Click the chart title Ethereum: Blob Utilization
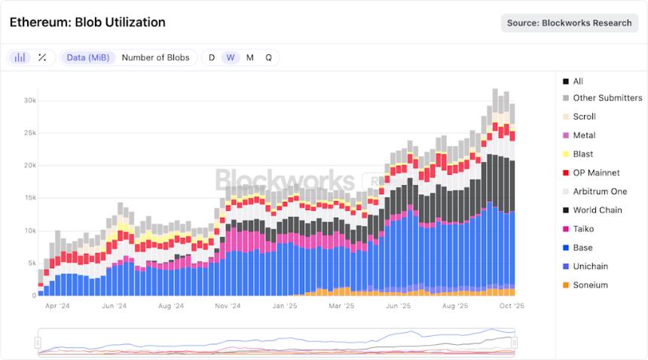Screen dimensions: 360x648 (x=87, y=23)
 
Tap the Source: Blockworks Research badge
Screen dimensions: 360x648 (x=569, y=23)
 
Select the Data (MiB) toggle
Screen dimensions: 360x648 (x=87, y=57)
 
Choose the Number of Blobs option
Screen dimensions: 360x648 (x=155, y=57)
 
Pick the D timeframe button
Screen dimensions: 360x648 (x=212, y=57)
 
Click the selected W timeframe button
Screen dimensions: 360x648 (x=231, y=57)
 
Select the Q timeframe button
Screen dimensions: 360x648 (x=268, y=57)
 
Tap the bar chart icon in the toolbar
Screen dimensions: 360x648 (x=20, y=57)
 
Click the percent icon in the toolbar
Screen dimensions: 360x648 (x=42, y=57)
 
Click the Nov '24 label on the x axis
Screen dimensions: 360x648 (x=228, y=307)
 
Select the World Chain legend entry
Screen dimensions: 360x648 (x=597, y=210)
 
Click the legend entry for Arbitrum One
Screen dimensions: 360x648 (x=599, y=191)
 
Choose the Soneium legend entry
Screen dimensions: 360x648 (x=590, y=285)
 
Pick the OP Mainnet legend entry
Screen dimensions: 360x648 (x=596, y=172)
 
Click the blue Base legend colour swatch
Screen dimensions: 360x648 (x=566, y=248)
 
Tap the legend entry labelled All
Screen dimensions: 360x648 (x=578, y=81)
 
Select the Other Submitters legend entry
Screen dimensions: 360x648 (x=607, y=98)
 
